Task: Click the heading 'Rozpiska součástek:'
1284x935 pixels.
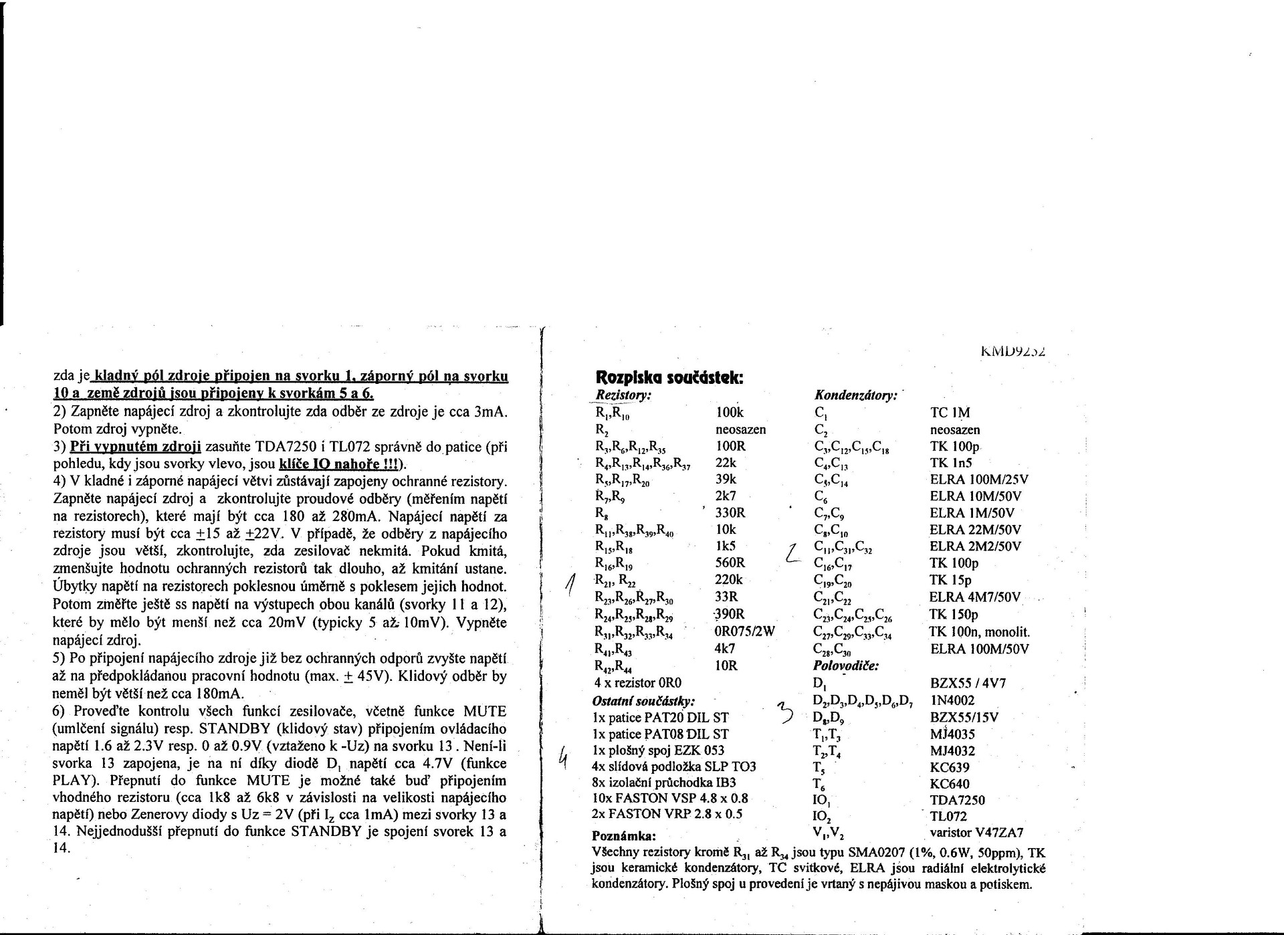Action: (x=668, y=377)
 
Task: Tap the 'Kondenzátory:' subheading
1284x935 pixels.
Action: (x=855, y=396)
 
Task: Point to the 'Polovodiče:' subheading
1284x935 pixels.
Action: (x=845, y=665)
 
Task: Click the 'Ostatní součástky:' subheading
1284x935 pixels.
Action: (x=643, y=701)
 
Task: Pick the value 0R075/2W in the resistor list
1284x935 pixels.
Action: (x=744, y=631)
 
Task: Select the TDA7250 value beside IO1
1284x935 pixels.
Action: (x=957, y=800)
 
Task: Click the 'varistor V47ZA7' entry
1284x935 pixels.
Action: (x=976, y=833)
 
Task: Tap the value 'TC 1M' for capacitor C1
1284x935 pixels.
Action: (x=950, y=413)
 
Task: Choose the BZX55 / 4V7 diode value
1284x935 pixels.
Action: (x=968, y=684)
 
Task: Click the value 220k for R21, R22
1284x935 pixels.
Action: (x=728, y=580)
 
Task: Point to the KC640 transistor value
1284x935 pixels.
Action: (x=950, y=784)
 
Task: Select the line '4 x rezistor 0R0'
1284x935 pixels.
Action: (x=637, y=683)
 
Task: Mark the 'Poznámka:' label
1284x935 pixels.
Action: (x=624, y=836)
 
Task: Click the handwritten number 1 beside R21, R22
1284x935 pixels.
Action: (x=570, y=585)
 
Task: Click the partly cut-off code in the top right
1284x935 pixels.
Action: (x=1013, y=350)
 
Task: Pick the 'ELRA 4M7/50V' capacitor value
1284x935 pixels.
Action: (x=974, y=597)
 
